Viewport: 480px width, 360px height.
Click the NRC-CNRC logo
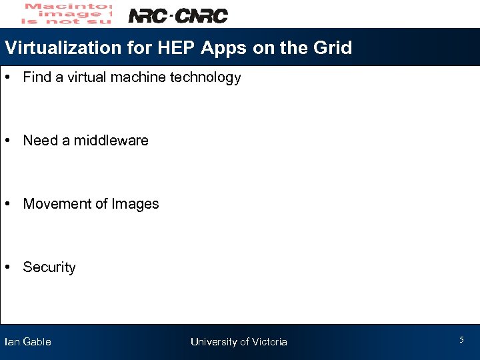178,15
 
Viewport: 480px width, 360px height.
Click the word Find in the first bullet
37,77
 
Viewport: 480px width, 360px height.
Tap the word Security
49,267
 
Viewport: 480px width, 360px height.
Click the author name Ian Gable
28,342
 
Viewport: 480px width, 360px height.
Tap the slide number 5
461,340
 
